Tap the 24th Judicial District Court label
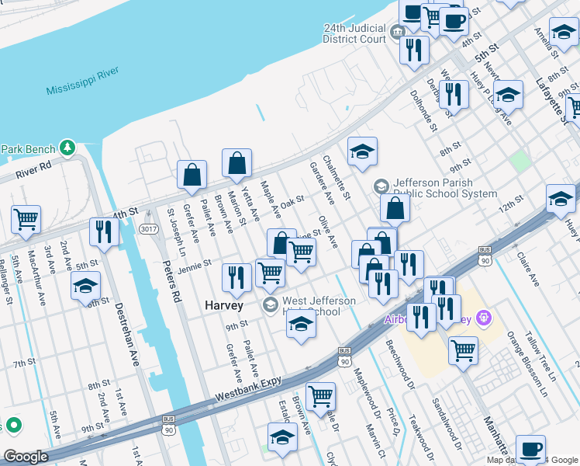(x=354, y=33)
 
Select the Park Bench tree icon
(x=68, y=148)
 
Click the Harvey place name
(x=224, y=305)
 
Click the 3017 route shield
(x=147, y=229)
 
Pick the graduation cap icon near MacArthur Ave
(x=85, y=286)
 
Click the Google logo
(x=26, y=457)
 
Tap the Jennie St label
(x=194, y=265)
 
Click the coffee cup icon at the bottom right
(x=530, y=449)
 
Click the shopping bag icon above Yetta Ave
(x=237, y=164)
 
